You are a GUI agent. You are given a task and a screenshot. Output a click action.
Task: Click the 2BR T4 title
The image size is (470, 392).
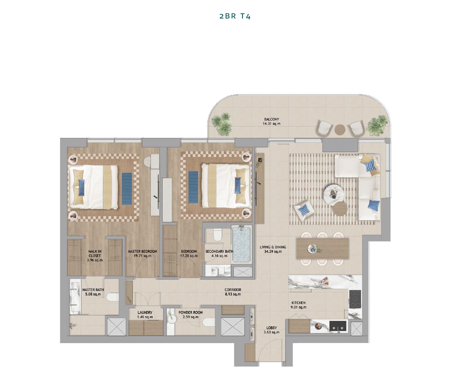[235, 16]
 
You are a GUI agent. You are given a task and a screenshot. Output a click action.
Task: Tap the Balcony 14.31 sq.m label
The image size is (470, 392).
[271, 121]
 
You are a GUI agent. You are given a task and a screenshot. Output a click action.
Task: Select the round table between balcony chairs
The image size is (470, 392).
[340, 129]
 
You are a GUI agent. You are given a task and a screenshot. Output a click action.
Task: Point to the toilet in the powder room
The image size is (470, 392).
[208, 322]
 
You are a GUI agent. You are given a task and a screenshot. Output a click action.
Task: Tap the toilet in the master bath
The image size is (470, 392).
[112, 298]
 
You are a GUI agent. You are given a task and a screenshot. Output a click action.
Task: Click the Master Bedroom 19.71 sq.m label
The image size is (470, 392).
[142, 254]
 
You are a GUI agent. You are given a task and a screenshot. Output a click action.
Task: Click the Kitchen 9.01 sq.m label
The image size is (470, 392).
[298, 305]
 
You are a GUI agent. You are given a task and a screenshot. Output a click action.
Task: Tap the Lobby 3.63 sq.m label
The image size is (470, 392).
[271, 330]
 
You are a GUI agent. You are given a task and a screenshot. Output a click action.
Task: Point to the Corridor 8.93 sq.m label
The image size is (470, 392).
[233, 292]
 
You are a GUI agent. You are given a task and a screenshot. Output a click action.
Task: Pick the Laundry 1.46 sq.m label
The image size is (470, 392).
[145, 315]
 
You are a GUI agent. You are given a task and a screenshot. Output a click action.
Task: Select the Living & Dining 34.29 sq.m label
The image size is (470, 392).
[273, 249]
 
